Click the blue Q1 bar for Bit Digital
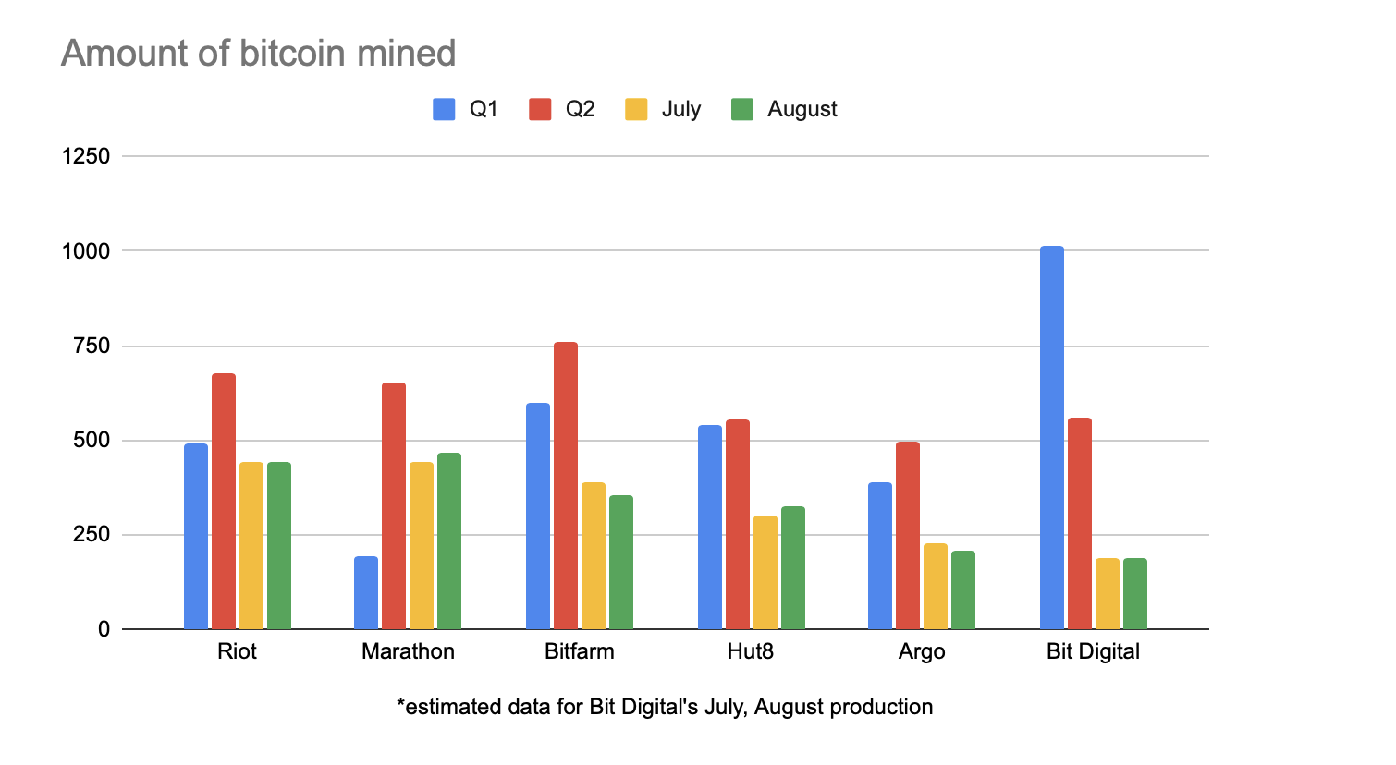[1051, 437]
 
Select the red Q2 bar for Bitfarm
[566, 485]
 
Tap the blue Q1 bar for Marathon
[366, 592]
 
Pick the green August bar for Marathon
[449, 540]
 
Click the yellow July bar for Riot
[251, 545]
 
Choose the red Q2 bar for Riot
[224, 501]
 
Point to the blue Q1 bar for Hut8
[710, 527]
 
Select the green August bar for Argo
[963, 589]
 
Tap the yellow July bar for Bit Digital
[1107, 593]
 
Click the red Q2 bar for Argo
[908, 535]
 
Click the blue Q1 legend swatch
[444, 110]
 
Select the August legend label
[802, 110]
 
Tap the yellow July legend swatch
[636, 110]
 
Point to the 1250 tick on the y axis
[86, 156]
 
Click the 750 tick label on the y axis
[92, 346]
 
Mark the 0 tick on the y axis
[104, 629]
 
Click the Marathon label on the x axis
[408, 651]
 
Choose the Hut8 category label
[750, 651]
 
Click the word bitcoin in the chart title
[292, 54]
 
